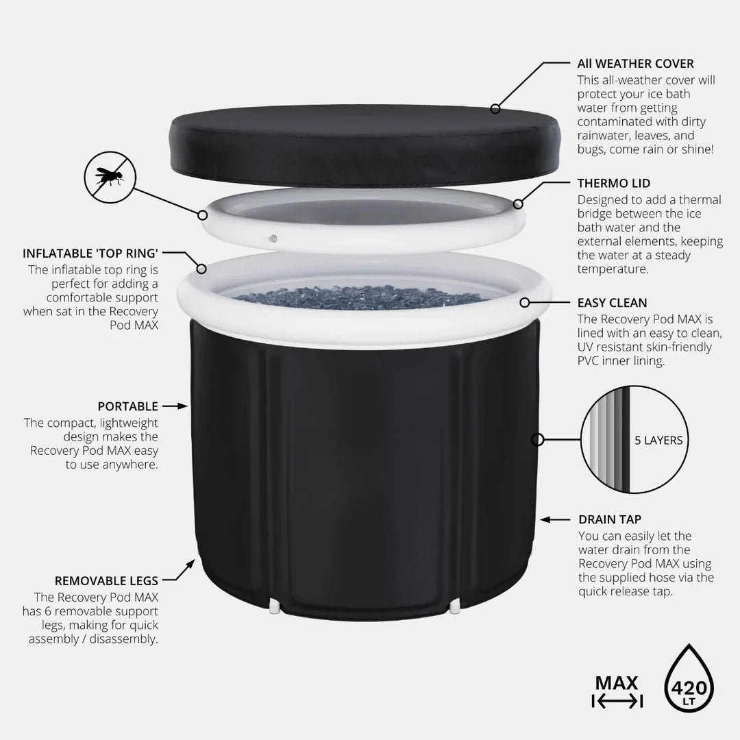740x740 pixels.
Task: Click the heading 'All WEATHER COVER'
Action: pyautogui.click(x=635, y=64)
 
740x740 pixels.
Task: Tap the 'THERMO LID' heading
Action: pyautogui.click(x=613, y=183)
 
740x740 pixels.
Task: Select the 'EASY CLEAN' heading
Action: pyautogui.click(x=612, y=303)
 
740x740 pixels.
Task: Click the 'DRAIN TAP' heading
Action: pyautogui.click(x=610, y=519)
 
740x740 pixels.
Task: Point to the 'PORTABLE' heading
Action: pyautogui.click(x=128, y=406)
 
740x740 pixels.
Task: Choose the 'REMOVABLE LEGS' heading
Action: pyautogui.click(x=106, y=581)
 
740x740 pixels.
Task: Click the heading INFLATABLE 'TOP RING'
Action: pyautogui.click(x=90, y=254)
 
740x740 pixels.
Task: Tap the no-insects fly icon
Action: pyautogui.click(x=110, y=177)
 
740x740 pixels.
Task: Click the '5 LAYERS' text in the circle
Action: pyautogui.click(x=658, y=441)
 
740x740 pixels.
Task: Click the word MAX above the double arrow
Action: pyautogui.click(x=617, y=683)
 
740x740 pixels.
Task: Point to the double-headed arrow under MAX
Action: pyautogui.click(x=617, y=702)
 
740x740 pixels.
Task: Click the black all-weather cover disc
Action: pyautogui.click(x=365, y=145)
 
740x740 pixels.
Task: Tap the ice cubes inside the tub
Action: pyautogui.click(x=361, y=297)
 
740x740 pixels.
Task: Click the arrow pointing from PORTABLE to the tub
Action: pyautogui.click(x=175, y=406)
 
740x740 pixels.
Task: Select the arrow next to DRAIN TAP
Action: pyautogui.click(x=555, y=519)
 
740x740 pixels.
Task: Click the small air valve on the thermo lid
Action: pyautogui.click(x=273, y=238)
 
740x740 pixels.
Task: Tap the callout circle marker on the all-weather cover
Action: pyautogui.click(x=495, y=109)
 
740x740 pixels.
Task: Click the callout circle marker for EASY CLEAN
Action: pyautogui.click(x=524, y=303)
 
